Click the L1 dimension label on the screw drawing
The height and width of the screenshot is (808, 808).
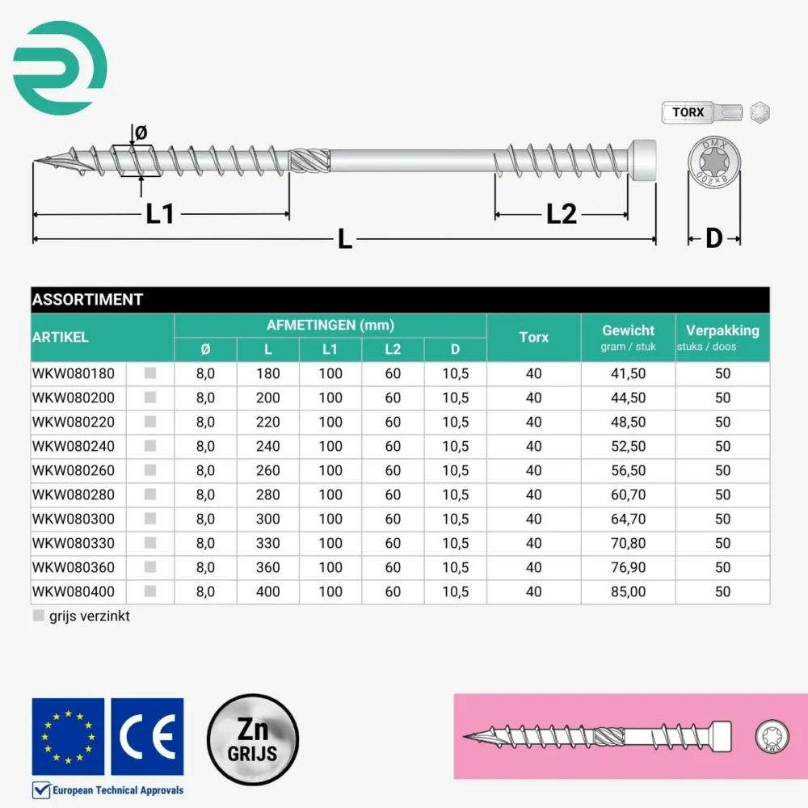[x=160, y=214]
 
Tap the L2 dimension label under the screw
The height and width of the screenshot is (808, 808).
[x=562, y=214]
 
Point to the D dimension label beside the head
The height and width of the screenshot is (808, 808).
[x=713, y=238]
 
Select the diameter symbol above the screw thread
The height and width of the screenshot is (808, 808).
[x=141, y=133]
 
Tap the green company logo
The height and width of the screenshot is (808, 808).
[x=61, y=65]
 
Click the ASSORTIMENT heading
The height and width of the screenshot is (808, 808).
[x=87, y=300]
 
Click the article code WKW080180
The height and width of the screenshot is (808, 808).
[x=74, y=374]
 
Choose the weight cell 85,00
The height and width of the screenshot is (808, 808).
[x=629, y=591]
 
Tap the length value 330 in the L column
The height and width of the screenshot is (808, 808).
[x=268, y=543]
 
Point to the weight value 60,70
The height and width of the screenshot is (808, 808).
[x=629, y=494]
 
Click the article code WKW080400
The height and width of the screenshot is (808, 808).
[x=74, y=591]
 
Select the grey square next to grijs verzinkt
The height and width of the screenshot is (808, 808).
[x=39, y=616]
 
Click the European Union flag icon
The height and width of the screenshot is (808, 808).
[x=68, y=735]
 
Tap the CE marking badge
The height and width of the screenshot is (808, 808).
[x=147, y=735]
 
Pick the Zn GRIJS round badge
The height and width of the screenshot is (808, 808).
[x=253, y=739]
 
